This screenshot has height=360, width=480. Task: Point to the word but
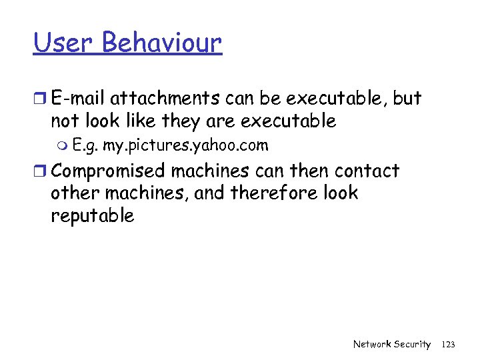[407, 99]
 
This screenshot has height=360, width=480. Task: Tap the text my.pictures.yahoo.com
[186, 146]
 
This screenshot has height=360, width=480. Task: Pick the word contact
[367, 171]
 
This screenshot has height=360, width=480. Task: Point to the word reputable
[93, 216]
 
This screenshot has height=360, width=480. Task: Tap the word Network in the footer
[373, 344]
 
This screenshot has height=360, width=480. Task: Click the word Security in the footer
[413, 344]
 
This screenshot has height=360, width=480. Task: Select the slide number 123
[448, 344]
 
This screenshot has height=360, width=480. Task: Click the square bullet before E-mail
[39, 99]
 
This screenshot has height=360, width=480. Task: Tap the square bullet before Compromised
[39, 171]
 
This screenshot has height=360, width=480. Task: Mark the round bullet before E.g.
[64, 146]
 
